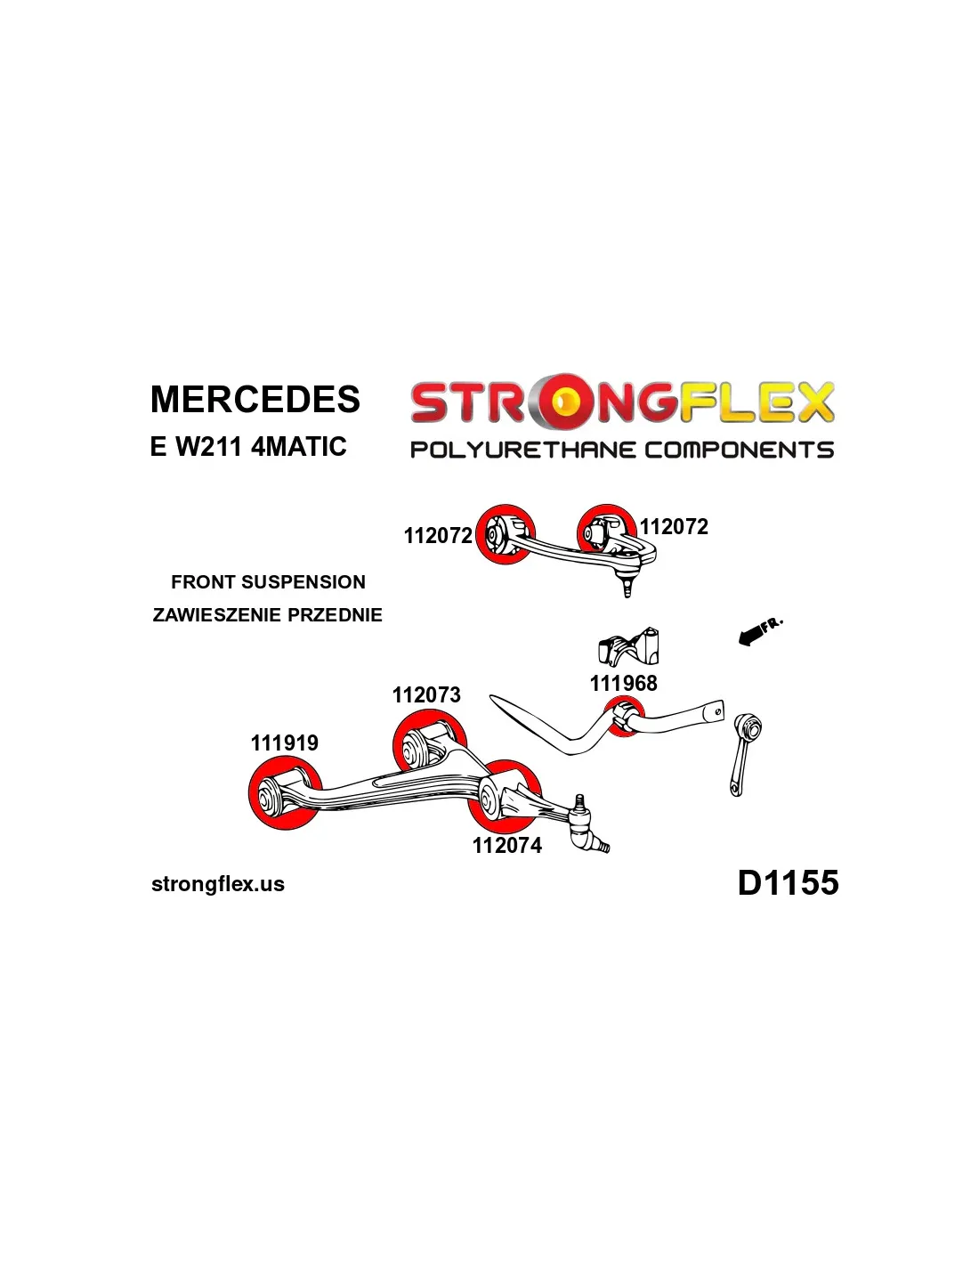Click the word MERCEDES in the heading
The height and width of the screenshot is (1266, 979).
click(255, 400)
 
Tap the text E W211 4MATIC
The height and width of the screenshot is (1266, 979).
click(248, 446)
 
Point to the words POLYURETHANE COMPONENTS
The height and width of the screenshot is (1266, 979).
click(621, 450)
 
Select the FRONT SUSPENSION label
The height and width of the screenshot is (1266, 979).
click(268, 582)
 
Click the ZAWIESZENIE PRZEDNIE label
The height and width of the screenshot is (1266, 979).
click(267, 615)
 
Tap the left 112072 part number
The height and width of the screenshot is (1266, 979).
click(437, 536)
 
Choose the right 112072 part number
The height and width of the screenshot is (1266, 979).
click(674, 527)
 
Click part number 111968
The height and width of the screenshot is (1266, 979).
click(623, 684)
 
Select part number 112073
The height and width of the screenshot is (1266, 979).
click(426, 695)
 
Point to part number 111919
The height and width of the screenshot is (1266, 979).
click(284, 743)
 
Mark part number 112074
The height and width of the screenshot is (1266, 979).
click(506, 846)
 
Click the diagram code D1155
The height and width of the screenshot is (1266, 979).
click(788, 883)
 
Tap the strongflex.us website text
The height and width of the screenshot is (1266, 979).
click(218, 885)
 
